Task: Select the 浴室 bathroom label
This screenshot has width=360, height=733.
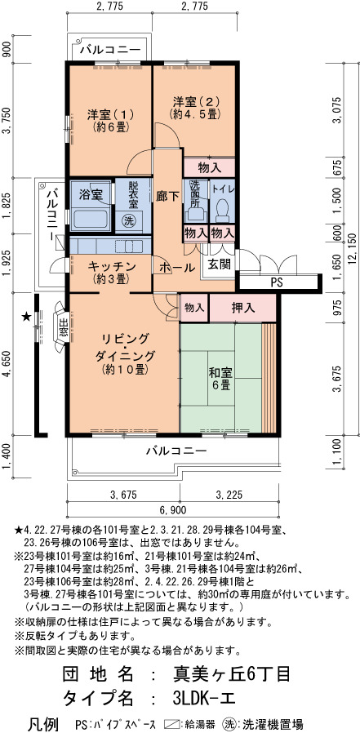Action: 91,195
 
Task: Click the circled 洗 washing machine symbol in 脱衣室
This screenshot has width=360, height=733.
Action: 127,220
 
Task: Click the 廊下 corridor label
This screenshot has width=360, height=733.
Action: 167,197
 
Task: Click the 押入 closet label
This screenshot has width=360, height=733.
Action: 243,308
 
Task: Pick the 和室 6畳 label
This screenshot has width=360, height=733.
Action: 220,379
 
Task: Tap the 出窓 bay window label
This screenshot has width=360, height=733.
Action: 63,327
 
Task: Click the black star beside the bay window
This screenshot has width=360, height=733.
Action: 26,317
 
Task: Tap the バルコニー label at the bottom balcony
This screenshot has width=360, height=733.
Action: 176,451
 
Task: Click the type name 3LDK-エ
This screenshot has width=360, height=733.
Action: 205,698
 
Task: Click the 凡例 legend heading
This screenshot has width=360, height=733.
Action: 44,724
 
